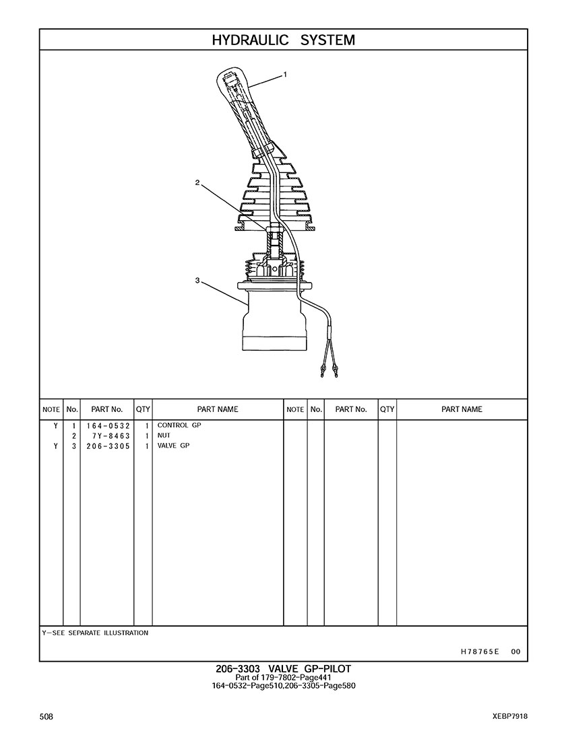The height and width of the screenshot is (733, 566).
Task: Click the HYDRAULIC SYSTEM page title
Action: click(x=283, y=40)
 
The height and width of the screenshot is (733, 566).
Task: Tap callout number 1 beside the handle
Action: click(x=285, y=74)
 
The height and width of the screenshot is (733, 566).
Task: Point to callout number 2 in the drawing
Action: click(x=197, y=183)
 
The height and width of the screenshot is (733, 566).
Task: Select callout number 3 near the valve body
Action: click(x=197, y=281)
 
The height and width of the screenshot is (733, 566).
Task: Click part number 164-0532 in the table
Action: click(x=108, y=426)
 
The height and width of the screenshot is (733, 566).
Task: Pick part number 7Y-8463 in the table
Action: click(x=111, y=436)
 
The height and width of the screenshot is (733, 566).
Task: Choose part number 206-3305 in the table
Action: click(x=108, y=446)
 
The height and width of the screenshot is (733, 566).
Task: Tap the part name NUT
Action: click(x=164, y=435)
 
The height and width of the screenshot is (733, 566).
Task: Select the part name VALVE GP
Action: click(x=173, y=446)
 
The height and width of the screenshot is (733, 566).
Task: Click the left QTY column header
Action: click(x=143, y=409)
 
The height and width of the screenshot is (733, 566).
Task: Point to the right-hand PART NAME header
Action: click(x=462, y=409)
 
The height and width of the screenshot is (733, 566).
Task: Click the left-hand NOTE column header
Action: click(x=51, y=409)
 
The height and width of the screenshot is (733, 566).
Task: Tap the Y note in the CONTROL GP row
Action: click(x=56, y=426)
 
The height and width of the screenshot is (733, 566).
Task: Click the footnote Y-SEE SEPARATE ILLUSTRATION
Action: click(x=95, y=633)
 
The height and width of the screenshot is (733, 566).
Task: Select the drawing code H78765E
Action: click(x=480, y=652)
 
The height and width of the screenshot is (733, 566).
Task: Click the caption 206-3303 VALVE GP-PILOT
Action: click(x=283, y=669)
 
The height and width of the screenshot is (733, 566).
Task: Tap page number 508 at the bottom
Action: click(x=46, y=717)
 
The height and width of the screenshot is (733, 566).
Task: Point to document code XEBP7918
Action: click(x=510, y=717)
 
